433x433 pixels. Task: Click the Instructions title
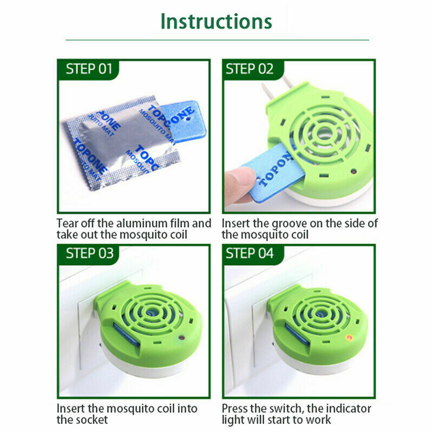(216, 21)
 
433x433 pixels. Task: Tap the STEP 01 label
(89, 69)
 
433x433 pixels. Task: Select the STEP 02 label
(250, 69)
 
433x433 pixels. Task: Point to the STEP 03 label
(89, 253)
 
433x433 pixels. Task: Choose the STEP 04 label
(250, 253)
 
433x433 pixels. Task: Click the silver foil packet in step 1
(121, 143)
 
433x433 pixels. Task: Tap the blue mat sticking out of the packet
(183, 121)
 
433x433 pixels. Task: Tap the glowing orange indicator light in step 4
(350, 337)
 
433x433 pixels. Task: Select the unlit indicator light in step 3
(181, 337)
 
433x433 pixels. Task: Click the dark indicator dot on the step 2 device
(353, 172)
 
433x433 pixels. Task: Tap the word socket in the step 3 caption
(90, 420)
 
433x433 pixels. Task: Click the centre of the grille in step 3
(151, 313)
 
